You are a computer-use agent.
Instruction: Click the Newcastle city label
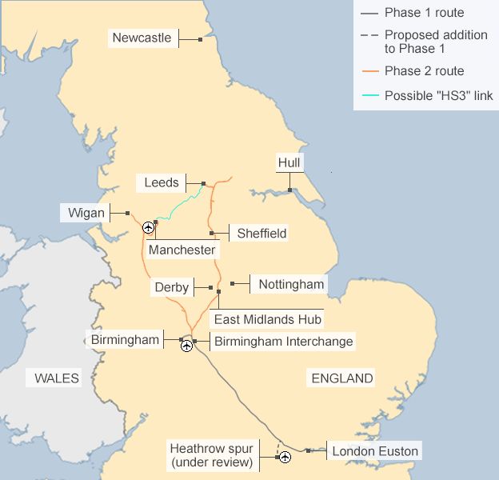142,38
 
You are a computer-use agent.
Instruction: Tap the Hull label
289,163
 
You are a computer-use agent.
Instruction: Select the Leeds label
162,182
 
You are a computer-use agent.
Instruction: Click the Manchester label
182,250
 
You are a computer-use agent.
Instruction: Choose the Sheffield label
261,234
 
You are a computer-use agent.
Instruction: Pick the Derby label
172,287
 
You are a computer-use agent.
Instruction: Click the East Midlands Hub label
267,319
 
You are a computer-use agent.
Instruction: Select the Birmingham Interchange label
283,341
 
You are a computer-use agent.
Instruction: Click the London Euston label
374,451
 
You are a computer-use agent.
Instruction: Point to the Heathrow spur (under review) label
211,455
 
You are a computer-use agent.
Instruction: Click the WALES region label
57,378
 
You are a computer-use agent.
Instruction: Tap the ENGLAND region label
342,378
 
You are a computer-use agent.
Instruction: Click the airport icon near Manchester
148,228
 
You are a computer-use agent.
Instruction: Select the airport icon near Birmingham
186,346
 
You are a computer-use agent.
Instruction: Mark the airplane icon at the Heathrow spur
285,457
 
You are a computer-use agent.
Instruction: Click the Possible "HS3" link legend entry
438,96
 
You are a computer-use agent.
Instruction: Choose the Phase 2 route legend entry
424,71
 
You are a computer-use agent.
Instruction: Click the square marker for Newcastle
201,38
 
